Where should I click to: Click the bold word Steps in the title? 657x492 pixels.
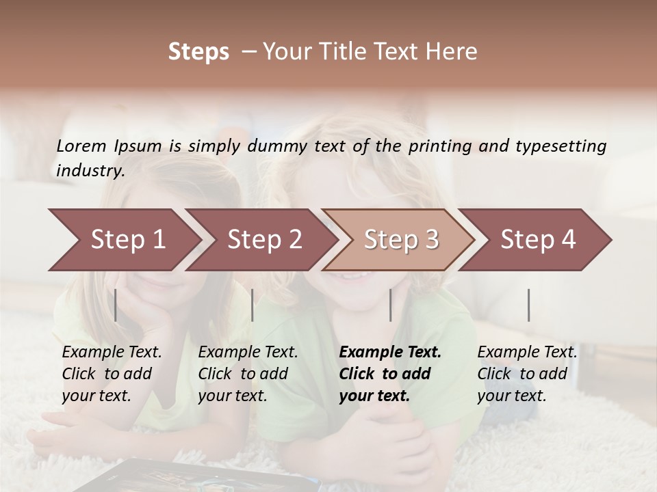click(x=198, y=52)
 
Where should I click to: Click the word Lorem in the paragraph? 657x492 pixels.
click(x=81, y=146)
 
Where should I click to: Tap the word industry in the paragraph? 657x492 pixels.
click(x=90, y=170)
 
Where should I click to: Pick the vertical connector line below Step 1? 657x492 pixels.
click(x=116, y=305)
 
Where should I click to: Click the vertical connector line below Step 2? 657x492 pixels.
click(x=253, y=305)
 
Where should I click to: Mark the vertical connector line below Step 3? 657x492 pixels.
click(x=391, y=305)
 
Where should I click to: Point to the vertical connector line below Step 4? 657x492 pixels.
click(x=529, y=305)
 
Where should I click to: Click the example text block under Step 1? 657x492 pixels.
click(x=112, y=374)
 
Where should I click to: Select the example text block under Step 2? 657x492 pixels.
click(x=248, y=374)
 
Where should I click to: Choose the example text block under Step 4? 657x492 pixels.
click(x=527, y=374)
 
